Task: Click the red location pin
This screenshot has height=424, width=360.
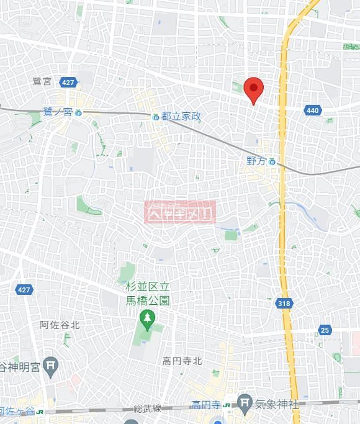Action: coord(253,89)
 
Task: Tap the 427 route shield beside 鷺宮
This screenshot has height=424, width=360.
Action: coord(68,82)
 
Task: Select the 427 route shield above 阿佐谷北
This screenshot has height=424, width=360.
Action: coord(24,290)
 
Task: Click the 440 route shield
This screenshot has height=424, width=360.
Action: coord(313,111)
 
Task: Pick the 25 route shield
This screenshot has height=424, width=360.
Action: coord(325,330)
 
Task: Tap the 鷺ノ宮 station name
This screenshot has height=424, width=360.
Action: coord(58,112)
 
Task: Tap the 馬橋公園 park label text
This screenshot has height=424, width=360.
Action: coord(147,293)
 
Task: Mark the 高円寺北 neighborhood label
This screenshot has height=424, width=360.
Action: coord(182,361)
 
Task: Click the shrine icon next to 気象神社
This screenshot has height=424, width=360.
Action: coord(246,404)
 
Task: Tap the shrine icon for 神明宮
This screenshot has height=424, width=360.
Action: coord(52,368)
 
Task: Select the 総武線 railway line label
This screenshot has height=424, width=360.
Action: coord(147,408)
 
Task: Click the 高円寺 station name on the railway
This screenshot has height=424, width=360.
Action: coord(206,405)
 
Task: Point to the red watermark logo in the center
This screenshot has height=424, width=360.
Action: coord(179,212)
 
